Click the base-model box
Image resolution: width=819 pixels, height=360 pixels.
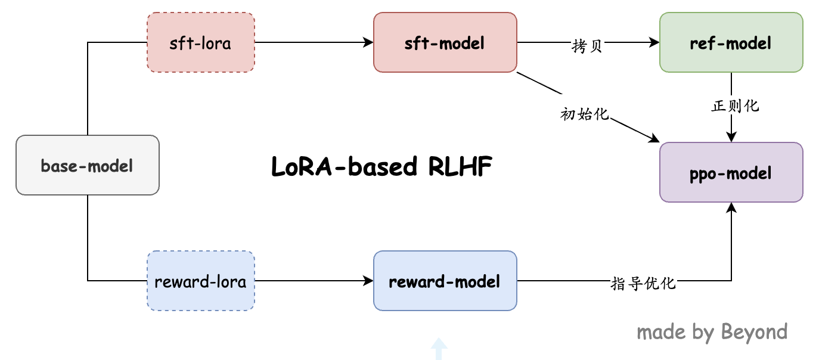87,165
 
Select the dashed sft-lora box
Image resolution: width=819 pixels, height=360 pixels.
200,43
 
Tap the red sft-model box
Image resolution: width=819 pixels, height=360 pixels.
445,43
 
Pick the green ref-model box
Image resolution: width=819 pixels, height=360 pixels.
731,43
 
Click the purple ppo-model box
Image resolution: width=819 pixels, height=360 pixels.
731,173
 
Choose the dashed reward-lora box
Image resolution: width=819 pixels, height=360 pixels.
200,281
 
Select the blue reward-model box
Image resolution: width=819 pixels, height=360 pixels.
445,281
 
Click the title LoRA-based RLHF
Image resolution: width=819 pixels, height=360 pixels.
381,167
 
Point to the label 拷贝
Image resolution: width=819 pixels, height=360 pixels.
587,47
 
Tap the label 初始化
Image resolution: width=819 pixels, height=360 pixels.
585,114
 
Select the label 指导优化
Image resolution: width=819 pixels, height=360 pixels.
643,283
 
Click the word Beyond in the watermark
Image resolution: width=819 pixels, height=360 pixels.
754,331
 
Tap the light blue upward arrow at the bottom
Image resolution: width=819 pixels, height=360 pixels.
439,349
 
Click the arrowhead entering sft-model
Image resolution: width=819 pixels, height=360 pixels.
368,43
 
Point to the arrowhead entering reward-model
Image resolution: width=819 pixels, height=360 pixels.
368,281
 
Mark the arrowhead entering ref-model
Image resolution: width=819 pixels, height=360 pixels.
654,43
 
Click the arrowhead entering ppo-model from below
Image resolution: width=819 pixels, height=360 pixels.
731,207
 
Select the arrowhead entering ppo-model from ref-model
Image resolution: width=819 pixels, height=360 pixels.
731,137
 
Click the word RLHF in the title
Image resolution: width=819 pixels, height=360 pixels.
460,167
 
